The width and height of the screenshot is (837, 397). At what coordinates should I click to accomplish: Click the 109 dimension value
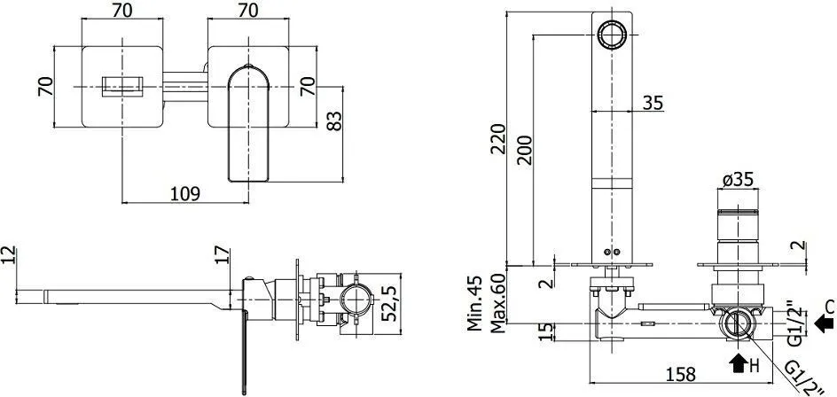point(185,194)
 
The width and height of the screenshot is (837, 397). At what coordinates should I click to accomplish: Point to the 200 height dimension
point(525,150)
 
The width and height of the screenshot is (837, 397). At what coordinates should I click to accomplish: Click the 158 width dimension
point(681,374)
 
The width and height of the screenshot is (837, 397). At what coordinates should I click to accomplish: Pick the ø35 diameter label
point(739,180)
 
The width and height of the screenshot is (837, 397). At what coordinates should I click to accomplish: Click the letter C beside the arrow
point(829,307)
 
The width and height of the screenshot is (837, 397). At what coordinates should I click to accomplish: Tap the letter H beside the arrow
point(753,365)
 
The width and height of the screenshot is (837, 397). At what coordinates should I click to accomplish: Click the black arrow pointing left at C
point(825,323)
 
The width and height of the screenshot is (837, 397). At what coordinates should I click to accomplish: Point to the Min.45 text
point(475,302)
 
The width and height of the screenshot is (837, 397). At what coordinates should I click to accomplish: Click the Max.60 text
point(498,303)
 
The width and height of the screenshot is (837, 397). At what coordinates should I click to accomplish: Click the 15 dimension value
point(545,331)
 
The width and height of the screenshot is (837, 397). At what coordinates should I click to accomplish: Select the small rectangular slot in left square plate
point(122,87)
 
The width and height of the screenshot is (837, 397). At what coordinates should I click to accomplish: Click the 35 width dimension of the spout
point(653,102)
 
